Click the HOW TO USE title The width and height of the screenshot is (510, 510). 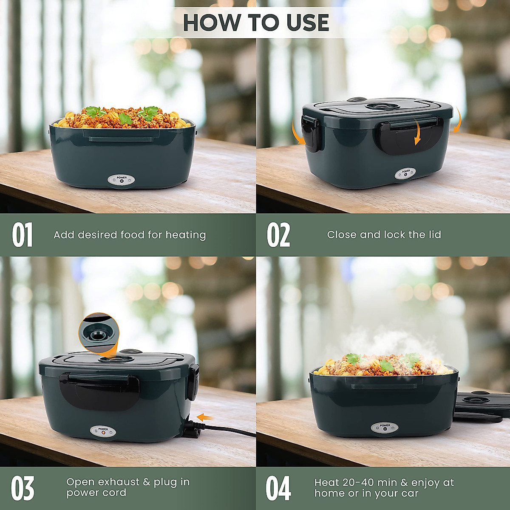[256, 23]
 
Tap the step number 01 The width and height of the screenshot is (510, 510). [22, 235]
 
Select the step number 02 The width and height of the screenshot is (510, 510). [278, 235]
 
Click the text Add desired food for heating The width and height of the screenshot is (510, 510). [130, 235]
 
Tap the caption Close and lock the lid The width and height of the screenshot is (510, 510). [384, 235]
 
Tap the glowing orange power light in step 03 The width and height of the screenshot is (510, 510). [103, 434]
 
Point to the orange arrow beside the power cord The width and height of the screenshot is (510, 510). [206, 418]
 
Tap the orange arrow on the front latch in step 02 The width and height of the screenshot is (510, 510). [418, 135]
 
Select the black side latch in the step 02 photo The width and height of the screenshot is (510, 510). [310, 133]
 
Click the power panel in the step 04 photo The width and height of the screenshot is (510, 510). [385, 428]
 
